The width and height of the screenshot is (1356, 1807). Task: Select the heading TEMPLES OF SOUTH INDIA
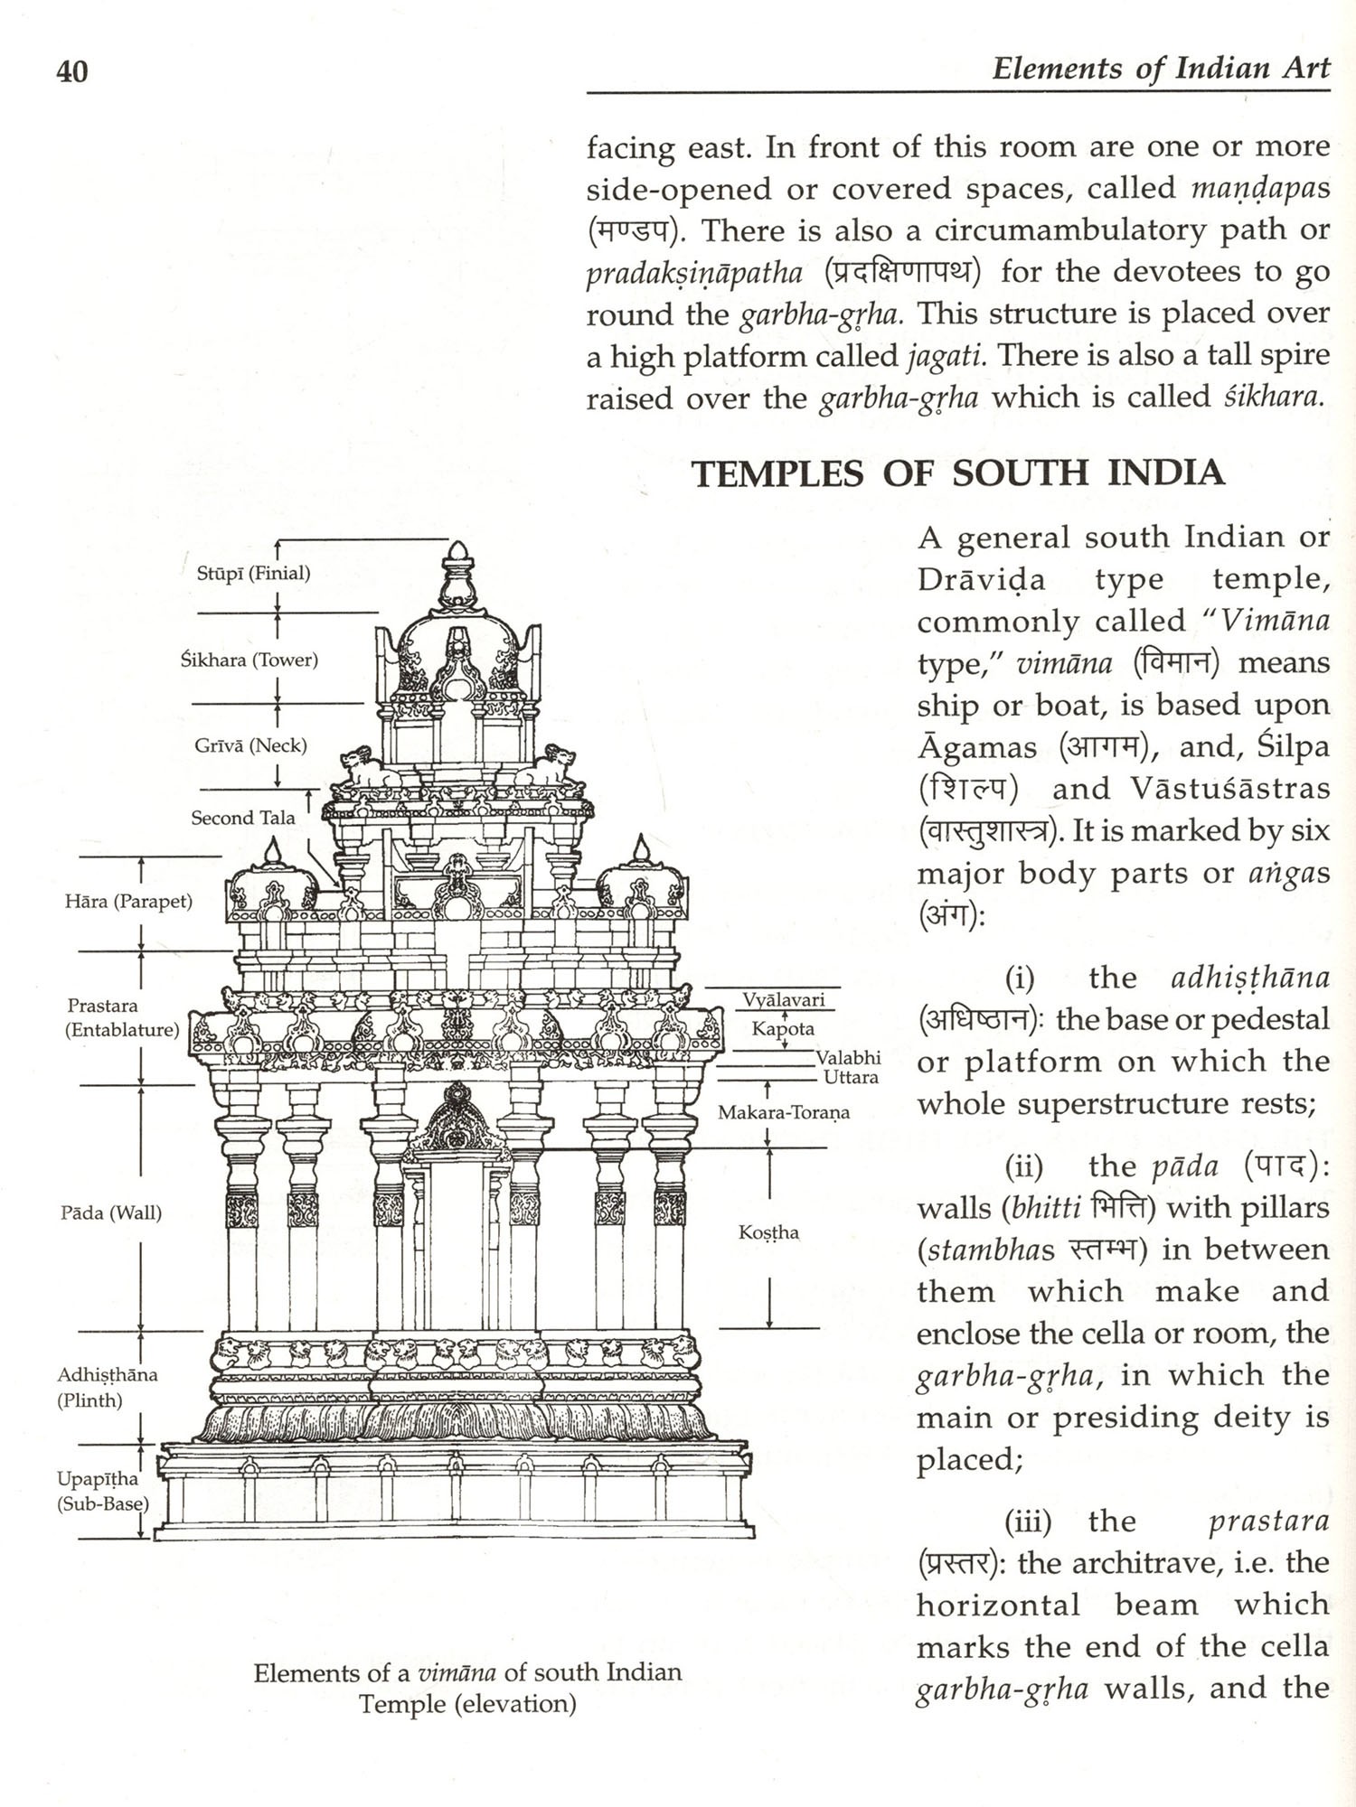(958, 473)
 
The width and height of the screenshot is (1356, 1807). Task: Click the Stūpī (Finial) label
(253, 573)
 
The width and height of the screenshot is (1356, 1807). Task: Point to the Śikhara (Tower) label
(249, 660)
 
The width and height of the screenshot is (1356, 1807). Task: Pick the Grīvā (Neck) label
(250, 745)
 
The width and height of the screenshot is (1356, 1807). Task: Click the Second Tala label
(242, 818)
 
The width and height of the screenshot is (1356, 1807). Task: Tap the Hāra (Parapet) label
(128, 901)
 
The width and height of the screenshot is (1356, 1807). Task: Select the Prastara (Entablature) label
(121, 1017)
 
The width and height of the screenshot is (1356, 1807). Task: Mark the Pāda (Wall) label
(110, 1212)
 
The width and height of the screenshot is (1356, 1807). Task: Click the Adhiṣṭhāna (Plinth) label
(107, 1388)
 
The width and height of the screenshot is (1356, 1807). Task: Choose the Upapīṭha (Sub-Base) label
(102, 1492)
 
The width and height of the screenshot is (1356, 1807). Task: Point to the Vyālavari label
(783, 999)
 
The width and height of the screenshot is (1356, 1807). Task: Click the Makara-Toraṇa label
(783, 1112)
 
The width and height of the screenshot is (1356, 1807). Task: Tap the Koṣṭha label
(768, 1232)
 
